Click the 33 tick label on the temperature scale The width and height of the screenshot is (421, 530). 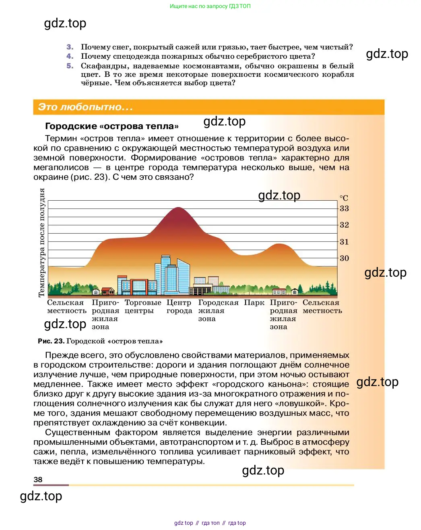(344, 208)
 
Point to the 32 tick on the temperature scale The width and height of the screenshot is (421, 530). (344, 225)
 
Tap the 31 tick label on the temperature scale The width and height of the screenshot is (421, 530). (344, 242)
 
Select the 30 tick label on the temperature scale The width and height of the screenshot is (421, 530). (344, 258)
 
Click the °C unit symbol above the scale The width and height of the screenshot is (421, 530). (344, 198)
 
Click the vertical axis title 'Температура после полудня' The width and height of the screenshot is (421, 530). (41, 242)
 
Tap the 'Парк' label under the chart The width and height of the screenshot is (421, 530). (254, 303)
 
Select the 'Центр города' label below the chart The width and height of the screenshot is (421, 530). (179, 307)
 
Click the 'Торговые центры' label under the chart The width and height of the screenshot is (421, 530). (142, 307)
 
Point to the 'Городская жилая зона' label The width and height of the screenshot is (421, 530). (218, 310)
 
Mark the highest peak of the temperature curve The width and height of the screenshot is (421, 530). (178, 207)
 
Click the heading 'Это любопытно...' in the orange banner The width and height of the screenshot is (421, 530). (85, 107)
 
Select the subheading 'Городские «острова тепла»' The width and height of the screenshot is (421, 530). (112, 126)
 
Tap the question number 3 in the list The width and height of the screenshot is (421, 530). (70, 47)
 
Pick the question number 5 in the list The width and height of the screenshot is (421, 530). (70, 66)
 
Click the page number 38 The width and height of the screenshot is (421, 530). (38, 479)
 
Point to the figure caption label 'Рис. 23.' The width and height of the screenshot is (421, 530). (51, 341)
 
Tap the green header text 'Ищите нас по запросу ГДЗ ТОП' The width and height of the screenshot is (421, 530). (210, 6)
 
